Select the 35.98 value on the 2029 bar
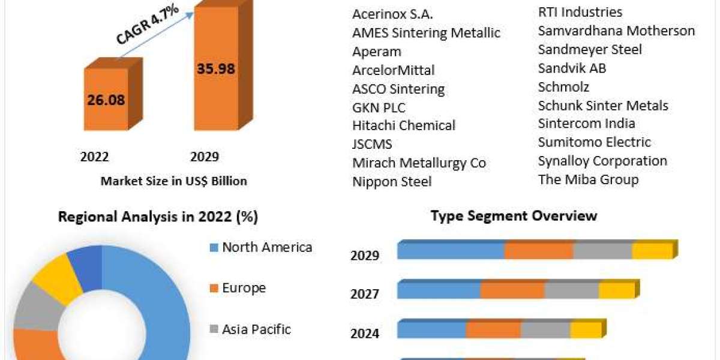pyautogui.click(x=215, y=68)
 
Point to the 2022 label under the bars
pyautogui.click(x=94, y=157)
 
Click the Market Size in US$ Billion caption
pyautogui.click(x=174, y=181)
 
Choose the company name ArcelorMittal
pyautogui.click(x=394, y=70)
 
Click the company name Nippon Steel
pyautogui.click(x=392, y=181)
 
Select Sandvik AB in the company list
pyautogui.click(x=572, y=68)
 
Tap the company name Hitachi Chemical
pyautogui.click(x=404, y=125)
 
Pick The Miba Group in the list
pyautogui.click(x=588, y=179)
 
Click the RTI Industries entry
pyautogui.click(x=580, y=12)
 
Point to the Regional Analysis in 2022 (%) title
pyautogui.click(x=158, y=217)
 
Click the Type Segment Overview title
pyautogui.click(x=514, y=216)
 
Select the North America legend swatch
pyautogui.click(x=214, y=247)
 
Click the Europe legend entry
pyautogui.click(x=244, y=288)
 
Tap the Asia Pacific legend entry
pyautogui.click(x=256, y=329)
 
